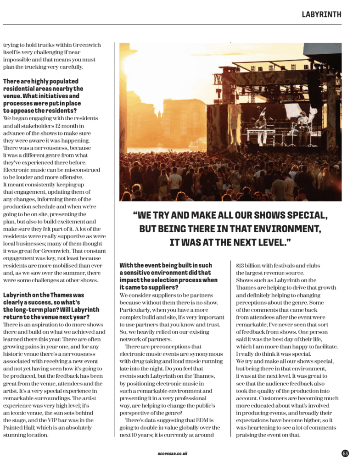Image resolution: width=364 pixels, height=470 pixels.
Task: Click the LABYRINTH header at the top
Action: point(321,14)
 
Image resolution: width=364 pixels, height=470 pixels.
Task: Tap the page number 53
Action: point(345,453)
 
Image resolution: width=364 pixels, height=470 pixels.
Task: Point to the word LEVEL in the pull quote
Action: point(271,241)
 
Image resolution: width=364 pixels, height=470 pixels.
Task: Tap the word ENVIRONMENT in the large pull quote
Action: point(285,229)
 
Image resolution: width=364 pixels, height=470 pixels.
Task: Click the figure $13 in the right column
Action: point(240,265)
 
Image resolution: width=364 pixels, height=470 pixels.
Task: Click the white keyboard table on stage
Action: point(262,132)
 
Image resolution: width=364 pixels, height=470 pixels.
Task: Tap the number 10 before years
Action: point(140,435)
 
